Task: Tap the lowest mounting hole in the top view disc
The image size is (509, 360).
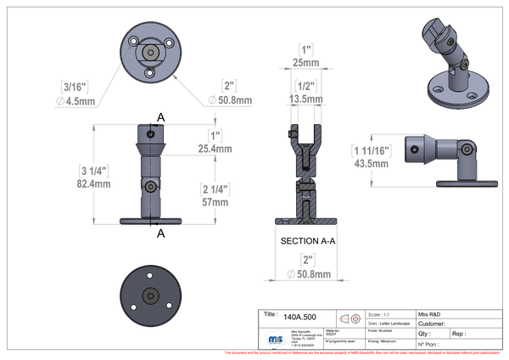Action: [149, 74]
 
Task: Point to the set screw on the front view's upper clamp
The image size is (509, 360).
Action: [150, 133]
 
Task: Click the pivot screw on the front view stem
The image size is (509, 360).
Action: [150, 186]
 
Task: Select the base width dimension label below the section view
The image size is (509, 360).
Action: [305, 265]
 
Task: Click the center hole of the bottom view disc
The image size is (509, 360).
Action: [149, 295]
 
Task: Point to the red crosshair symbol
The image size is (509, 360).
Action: [350, 319]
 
